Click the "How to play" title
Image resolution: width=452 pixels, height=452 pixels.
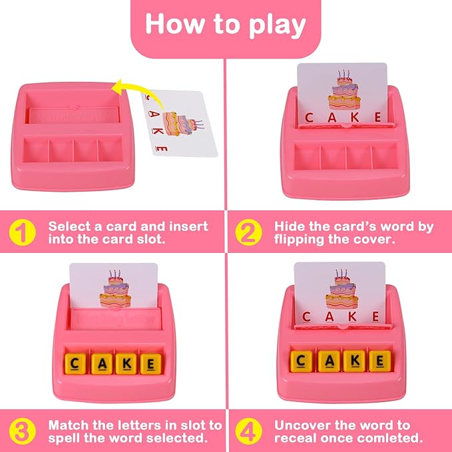tap(226, 25)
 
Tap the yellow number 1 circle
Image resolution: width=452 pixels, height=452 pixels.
tap(22, 232)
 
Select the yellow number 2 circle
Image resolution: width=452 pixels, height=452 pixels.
tap(248, 232)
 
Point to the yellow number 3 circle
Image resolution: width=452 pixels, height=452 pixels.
tap(22, 431)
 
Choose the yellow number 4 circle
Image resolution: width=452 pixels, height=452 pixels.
tap(248, 431)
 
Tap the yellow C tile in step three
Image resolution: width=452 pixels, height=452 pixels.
tap(75, 363)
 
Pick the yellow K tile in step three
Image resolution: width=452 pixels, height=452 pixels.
tap(126, 363)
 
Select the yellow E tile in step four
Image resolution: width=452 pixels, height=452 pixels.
tap(380, 361)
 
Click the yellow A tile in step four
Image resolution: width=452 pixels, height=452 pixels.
tap(330, 361)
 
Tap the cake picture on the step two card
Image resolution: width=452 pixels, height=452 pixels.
tap(344, 90)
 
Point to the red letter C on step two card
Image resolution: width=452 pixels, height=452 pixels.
tap(309, 118)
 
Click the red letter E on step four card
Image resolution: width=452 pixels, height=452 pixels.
tap(375, 316)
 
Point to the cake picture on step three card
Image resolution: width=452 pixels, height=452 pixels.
tap(115, 288)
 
